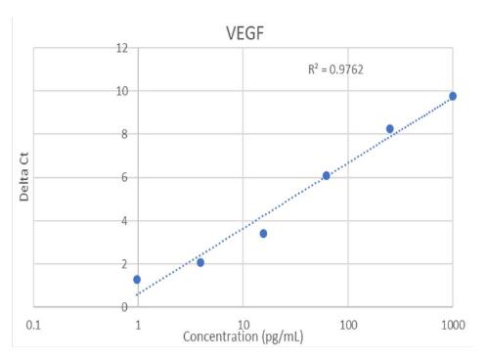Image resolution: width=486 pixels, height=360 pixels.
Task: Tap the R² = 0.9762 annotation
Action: [x=336, y=69]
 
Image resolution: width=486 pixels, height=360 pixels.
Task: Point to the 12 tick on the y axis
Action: [x=121, y=48]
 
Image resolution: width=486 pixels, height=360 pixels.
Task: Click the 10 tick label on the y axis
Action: [x=121, y=91]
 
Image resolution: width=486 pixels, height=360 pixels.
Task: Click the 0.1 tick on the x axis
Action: [x=34, y=323]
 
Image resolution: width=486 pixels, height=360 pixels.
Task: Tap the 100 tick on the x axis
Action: [x=347, y=323]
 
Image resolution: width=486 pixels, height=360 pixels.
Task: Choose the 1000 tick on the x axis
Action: [x=451, y=323]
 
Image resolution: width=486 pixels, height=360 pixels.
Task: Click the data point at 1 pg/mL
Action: [x=138, y=280]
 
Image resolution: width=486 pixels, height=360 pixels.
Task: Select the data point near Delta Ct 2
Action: [x=200, y=262]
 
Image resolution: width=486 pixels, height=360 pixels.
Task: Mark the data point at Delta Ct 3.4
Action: [x=263, y=234]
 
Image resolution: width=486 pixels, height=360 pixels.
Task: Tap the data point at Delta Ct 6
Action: [x=327, y=176]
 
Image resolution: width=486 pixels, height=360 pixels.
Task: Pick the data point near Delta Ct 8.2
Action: [x=389, y=129]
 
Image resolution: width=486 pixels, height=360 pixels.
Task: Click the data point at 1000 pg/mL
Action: [x=453, y=96]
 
